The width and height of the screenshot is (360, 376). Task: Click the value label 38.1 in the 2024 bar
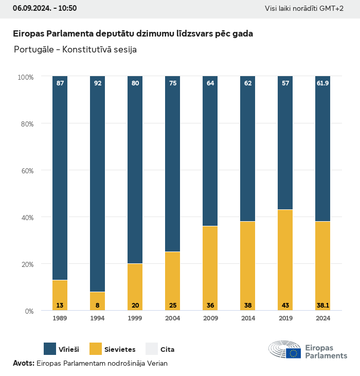(322, 306)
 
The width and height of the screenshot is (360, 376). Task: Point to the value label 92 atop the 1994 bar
(97, 83)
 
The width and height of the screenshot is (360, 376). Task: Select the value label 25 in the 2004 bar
(172, 306)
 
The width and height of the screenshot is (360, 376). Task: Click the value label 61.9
(322, 83)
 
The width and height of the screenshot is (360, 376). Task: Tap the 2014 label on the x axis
(247, 318)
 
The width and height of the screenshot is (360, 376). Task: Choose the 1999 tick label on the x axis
(135, 318)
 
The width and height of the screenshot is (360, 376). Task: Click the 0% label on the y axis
(29, 311)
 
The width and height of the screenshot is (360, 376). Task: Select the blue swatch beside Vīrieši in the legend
(50, 349)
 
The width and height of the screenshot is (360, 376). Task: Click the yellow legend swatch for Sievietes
(96, 349)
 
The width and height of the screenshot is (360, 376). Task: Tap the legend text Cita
(167, 350)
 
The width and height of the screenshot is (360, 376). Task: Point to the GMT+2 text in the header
(333, 9)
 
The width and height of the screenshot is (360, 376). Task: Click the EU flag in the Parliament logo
(294, 353)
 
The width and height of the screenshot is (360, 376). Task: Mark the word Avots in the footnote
(23, 363)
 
